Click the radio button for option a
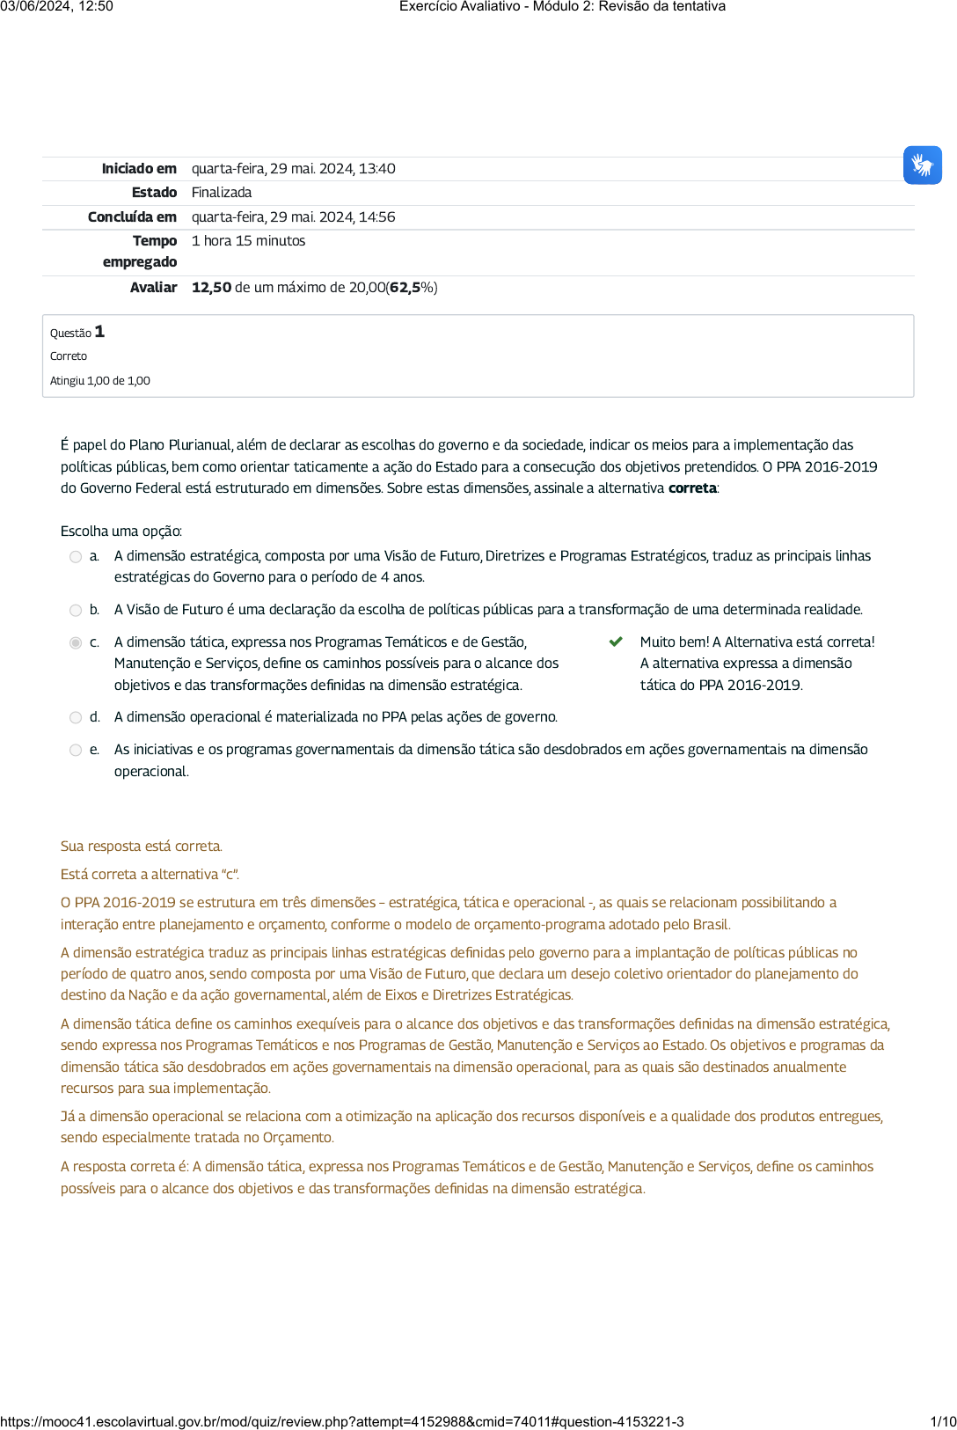pos(76,557)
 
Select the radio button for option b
pos(76,611)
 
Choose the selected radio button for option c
pos(76,643)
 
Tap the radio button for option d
pos(76,718)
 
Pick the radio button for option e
pos(76,751)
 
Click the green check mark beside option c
pos(616,642)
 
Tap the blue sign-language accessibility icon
pos(922,165)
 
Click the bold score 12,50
pos(211,288)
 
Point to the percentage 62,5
pos(405,288)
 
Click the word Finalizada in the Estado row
pos(222,193)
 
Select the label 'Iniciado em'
pos(139,169)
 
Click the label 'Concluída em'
pos(132,217)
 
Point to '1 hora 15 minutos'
pos(249,241)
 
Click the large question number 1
pos(99,332)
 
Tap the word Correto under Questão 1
pos(69,356)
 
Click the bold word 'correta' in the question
pos(692,488)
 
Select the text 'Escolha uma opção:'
pos(121,532)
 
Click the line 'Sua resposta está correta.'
pos(142,847)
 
